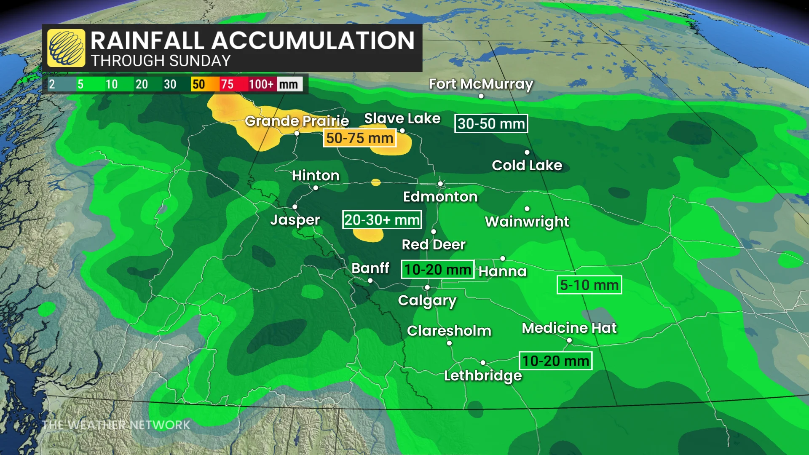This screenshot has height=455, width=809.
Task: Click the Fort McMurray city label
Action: click(481, 84)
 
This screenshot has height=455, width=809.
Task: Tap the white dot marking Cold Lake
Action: click(527, 152)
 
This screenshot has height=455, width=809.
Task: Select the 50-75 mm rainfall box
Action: click(359, 138)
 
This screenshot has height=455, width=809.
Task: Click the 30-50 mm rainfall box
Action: click(491, 123)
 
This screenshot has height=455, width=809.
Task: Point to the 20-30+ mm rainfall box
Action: click(382, 219)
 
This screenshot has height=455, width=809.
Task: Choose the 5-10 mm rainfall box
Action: click(589, 285)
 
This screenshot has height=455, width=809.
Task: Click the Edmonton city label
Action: click(440, 197)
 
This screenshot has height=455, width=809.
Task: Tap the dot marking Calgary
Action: click(427, 287)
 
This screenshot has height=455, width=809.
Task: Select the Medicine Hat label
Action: click(569, 328)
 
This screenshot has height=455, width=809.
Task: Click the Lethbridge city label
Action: click(483, 375)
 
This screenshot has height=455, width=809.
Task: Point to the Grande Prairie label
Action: click(297, 121)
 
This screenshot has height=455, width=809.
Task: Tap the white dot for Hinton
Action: click(316, 188)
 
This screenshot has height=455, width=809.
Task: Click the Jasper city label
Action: click(295, 219)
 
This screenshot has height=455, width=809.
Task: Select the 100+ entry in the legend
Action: click(261, 84)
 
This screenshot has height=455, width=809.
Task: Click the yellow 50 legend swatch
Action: click(198, 84)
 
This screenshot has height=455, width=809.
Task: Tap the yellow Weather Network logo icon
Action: click(66, 48)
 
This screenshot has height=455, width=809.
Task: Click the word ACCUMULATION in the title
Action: click(313, 40)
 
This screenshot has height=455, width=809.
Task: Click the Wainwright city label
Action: click(527, 222)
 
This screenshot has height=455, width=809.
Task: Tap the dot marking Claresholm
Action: click(449, 343)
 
